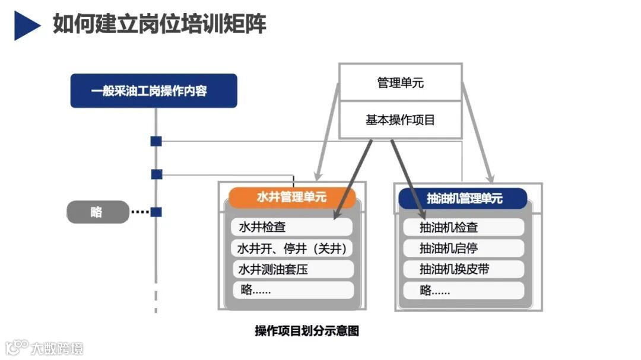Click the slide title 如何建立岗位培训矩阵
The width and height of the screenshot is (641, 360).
159,24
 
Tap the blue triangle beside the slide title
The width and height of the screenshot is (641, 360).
26,26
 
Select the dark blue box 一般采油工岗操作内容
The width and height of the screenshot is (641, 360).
154,91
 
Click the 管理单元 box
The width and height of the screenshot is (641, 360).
400,82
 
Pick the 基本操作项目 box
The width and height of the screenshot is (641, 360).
400,120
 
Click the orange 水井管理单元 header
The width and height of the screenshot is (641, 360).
291,197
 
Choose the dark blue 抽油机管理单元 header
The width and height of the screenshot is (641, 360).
463,198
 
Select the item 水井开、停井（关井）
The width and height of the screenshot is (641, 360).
291,248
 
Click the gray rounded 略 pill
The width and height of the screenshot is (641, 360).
97,212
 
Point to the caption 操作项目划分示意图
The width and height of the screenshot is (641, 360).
307,331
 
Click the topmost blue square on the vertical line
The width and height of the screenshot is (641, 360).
156,141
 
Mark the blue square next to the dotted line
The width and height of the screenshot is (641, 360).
156,212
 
